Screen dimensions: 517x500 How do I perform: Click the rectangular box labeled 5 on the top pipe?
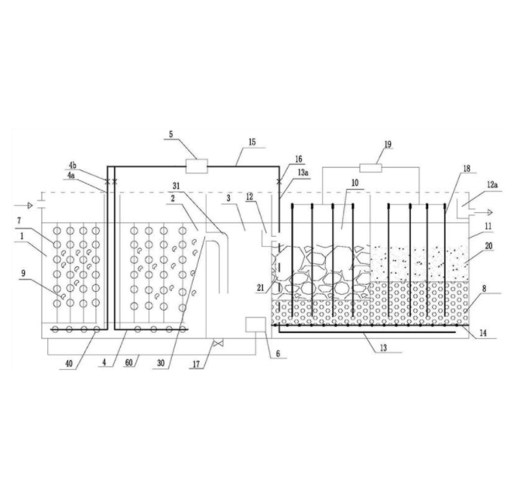pos(197,166)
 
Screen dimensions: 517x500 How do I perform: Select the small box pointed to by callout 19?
pos(371,168)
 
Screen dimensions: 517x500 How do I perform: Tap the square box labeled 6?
pos(255,324)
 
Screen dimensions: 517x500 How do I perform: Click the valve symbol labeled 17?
pos(218,344)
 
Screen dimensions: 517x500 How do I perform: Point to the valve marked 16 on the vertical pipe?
pos(279,181)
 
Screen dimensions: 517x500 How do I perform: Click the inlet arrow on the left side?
pos(30,206)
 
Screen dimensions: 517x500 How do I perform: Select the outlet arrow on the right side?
pos(489,212)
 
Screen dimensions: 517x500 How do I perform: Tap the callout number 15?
pos(252,142)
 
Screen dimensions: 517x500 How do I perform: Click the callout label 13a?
pos(303,172)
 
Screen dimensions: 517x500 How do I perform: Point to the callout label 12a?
pos(492,185)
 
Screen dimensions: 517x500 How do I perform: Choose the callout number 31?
pos(176,186)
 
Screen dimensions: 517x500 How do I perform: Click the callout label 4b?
pos(73,166)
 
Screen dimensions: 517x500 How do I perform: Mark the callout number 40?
pos(69,364)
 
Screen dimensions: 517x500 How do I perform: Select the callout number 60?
pos(129,363)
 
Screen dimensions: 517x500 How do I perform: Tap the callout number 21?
pos(261,288)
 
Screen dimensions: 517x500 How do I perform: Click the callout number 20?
pos(488,245)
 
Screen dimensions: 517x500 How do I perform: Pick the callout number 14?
pos(483,333)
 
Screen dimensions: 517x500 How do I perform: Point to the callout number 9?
pos(23,273)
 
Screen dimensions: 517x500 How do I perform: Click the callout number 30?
pos(160,364)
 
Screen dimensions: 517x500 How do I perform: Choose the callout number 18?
pos(467,169)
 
